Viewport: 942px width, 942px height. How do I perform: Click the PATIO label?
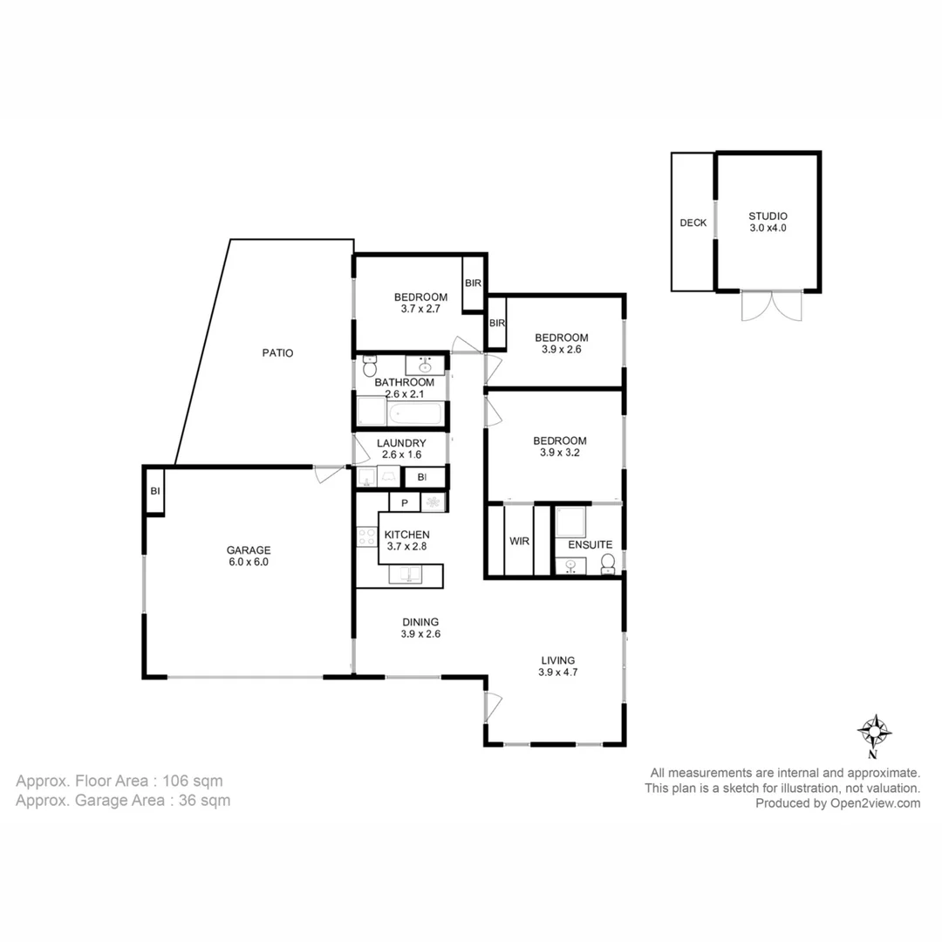pyautogui.click(x=277, y=353)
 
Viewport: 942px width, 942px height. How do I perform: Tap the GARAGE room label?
pyautogui.click(x=249, y=550)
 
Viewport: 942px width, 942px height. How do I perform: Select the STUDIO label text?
pyautogui.click(x=768, y=216)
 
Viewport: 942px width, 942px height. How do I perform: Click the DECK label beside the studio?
pyautogui.click(x=693, y=222)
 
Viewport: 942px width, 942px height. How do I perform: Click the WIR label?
pyautogui.click(x=519, y=542)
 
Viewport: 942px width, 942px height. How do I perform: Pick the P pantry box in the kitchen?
pyautogui.click(x=404, y=502)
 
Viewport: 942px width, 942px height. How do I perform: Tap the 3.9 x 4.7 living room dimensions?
pyautogui.click(x=558, y=672)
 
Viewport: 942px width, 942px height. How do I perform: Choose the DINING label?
pyautogui.click(x=420, y=622)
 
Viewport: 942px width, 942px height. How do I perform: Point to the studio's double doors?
pyautogui.click(x=770, y=305)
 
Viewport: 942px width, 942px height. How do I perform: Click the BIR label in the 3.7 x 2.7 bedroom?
pyautogui.click(x=474, y=283)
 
